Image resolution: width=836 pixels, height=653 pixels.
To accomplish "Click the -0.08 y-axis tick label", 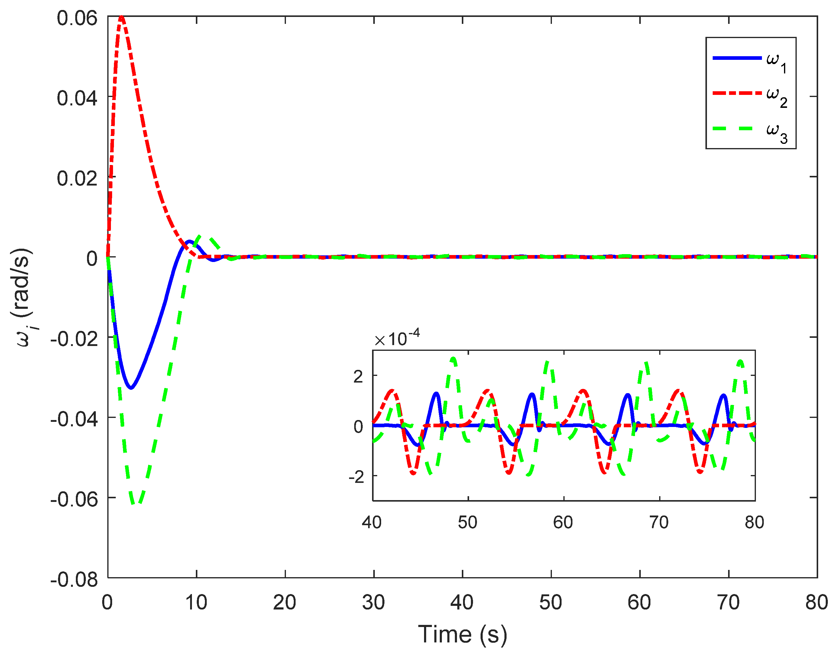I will pos(74,580).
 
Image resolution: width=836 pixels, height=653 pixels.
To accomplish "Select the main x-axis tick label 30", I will pos(373,602).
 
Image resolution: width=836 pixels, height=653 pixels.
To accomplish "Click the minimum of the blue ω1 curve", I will pos(131,388).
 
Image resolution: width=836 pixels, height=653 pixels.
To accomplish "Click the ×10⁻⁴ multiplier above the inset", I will pos(397,338).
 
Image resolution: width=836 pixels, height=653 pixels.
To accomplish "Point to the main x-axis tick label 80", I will pos(816,602).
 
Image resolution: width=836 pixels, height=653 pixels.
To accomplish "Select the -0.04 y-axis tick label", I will pos(74,419).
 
